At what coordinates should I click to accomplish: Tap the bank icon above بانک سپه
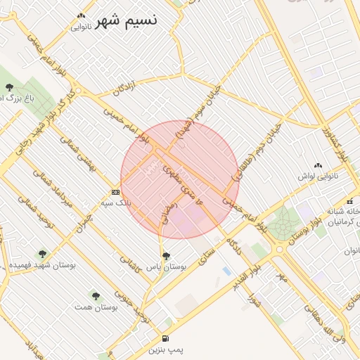tap(115, 191)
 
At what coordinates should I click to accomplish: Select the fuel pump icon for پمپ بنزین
tap(165, 338)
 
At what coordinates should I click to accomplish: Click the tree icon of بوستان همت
tap(95, 296)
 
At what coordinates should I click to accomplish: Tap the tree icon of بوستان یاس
tap(166, 256)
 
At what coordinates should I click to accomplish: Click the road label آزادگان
tap(124, 88)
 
